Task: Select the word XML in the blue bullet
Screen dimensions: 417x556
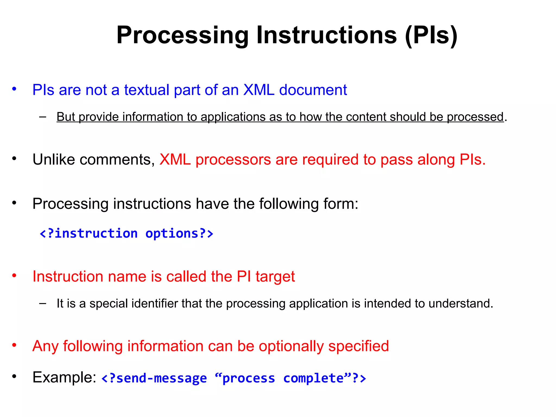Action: click(x=259, y=90)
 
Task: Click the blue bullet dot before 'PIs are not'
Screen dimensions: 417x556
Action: click(x=14, y=89)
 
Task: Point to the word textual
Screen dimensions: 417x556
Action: click(x=147, y=90)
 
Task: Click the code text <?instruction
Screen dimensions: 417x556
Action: click(x=89, y=233)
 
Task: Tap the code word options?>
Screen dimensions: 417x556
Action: click(x=179, y=233)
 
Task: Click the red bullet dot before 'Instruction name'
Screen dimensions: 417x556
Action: click(x=14, y=276)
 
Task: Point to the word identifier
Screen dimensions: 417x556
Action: click(x=155, y=304)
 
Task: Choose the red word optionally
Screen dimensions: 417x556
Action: click(x=291, y=346)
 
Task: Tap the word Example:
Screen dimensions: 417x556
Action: click(x=64, y=377)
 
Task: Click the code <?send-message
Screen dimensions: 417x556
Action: click(x=154, y=378)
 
